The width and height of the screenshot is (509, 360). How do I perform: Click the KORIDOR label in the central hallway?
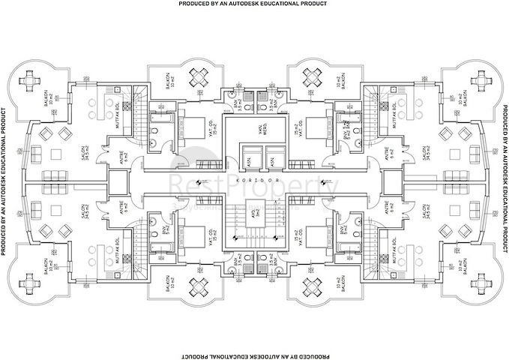255,181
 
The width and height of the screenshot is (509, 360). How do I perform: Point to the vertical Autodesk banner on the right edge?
504,180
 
